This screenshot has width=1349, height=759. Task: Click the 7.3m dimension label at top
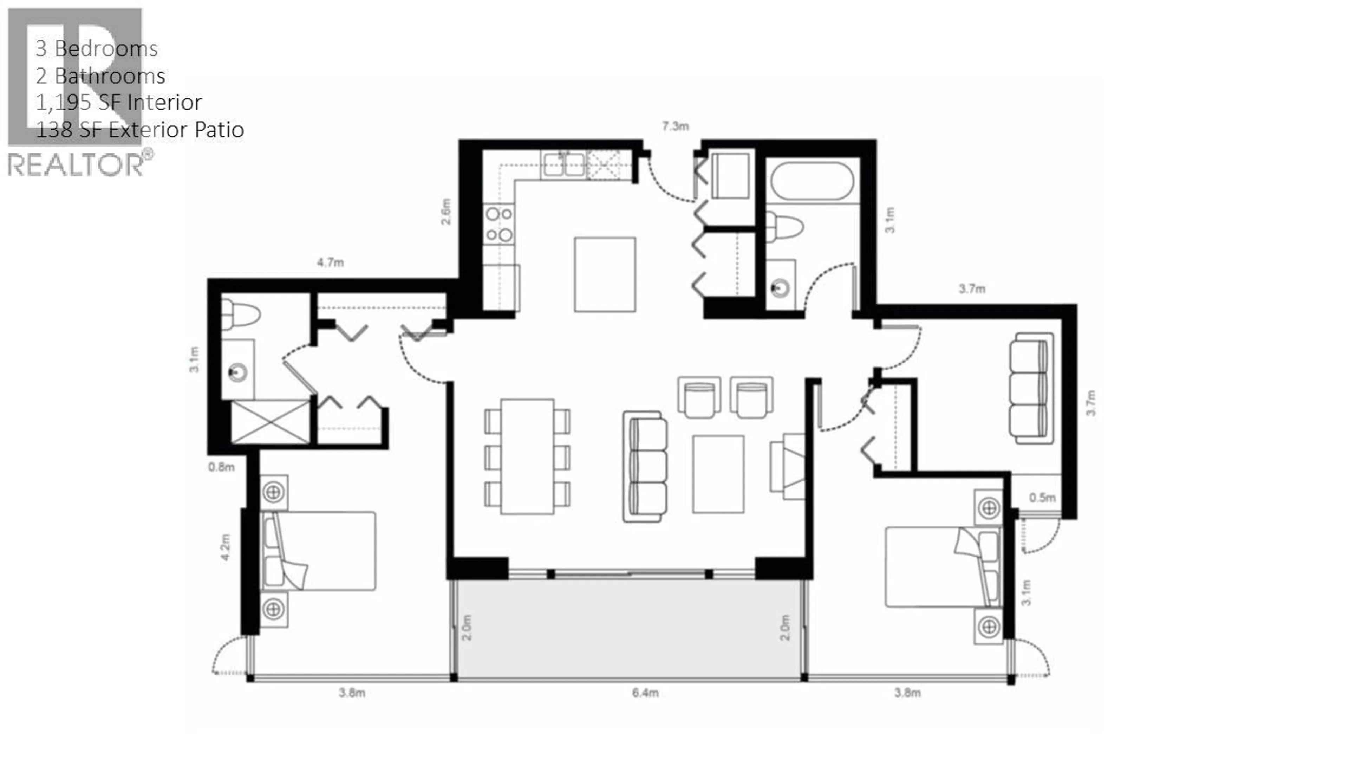[x=675, y=126]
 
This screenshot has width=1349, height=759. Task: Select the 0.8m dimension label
[x=221, y=467]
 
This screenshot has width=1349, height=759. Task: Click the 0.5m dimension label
[x=1042, y=498]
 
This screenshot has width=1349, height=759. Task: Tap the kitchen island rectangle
[x=605, y=274]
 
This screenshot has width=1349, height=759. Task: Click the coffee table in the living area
[x=718, y=474]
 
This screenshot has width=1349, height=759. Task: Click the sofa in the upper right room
[x=1030, y=388]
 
